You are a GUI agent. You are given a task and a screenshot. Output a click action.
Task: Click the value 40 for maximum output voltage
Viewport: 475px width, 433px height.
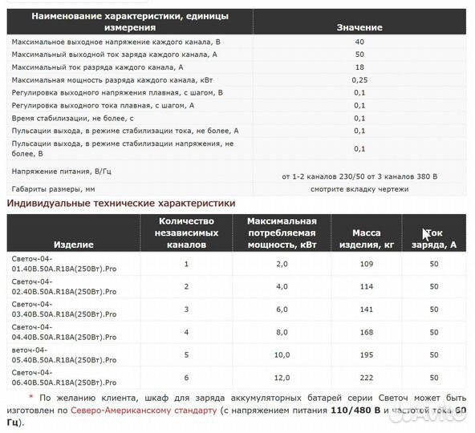point(359,41)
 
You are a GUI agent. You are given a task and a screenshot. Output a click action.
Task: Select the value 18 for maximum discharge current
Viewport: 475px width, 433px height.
point(359,67)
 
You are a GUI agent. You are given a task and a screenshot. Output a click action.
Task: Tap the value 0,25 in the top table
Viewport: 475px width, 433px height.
point(359,79)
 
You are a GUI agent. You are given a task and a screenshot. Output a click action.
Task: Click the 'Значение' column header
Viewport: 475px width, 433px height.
point(359,27)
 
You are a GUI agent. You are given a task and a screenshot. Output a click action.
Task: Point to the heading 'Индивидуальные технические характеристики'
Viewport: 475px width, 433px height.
point(121,204)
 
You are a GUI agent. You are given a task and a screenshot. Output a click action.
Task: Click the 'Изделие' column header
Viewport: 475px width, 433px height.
point(74,244)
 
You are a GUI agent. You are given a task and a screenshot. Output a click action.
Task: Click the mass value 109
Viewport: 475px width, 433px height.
point(366,264)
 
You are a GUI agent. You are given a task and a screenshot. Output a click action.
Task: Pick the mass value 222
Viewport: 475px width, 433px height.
point(366,376)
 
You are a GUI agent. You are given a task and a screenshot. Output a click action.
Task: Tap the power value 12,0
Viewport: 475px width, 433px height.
point(282,376)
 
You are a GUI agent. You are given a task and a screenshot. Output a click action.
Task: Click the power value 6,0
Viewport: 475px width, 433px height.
point(282,309)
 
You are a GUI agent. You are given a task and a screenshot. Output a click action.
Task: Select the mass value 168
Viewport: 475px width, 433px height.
point(366,331)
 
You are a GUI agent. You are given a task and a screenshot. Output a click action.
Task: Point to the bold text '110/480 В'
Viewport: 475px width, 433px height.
point(356,411)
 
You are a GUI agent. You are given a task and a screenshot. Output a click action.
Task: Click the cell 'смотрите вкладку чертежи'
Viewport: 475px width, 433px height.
point(359,189)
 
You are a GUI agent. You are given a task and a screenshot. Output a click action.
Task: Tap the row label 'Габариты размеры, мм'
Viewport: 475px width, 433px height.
point(53,189)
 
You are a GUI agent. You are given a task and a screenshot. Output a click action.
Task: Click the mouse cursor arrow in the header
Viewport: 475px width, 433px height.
point(426,234)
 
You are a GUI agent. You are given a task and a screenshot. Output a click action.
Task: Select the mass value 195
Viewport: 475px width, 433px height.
point(366,354)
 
